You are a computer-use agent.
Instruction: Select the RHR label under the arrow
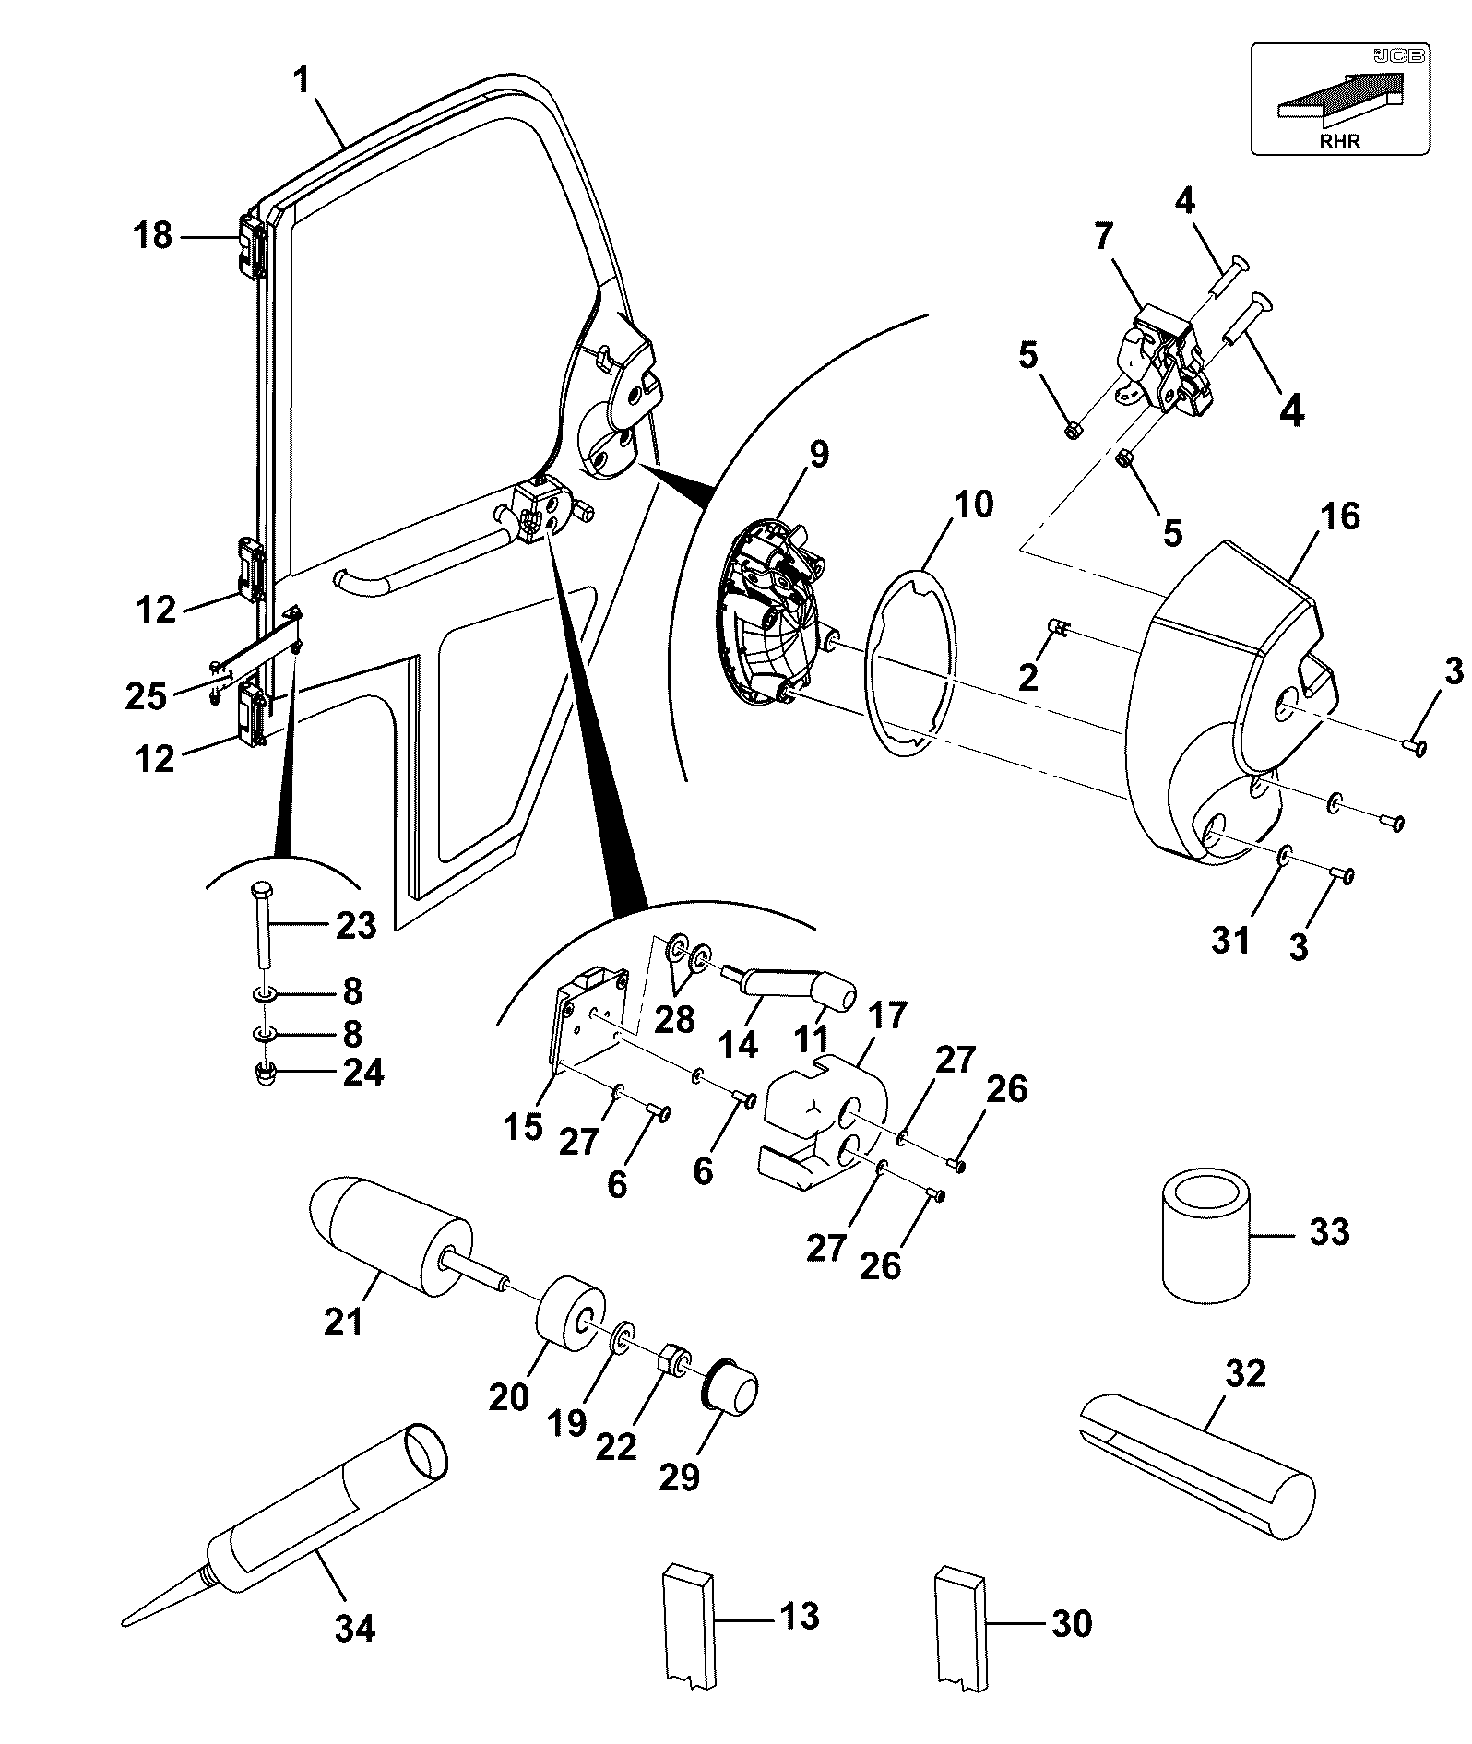pyautogui.click(x=1339, y=141)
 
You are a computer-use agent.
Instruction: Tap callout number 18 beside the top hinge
pyautogui.click(x=153, y=236)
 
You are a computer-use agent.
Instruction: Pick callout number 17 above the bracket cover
pyautogui.click(x=887, y=1016)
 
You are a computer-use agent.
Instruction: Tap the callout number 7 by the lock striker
pyautogui.click(x=1104, y=238)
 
